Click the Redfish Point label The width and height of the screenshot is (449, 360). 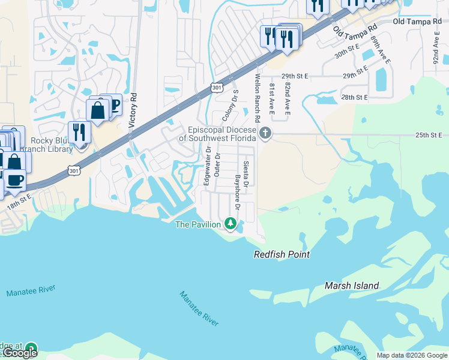point(282,254)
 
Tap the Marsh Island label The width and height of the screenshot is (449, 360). point(352,286)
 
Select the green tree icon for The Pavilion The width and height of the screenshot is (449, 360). point(230,224)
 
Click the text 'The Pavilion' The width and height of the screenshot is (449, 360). point(197,224)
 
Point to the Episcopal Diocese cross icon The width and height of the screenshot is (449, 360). point(265,132)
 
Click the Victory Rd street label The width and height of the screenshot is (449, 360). point(133,110)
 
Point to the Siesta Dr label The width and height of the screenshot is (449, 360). point(246,173)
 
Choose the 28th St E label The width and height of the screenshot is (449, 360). point(354,97)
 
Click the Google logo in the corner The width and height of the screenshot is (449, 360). point(19,353)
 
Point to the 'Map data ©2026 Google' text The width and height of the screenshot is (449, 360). point(411,355)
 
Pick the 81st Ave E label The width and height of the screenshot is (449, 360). point(272,99)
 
